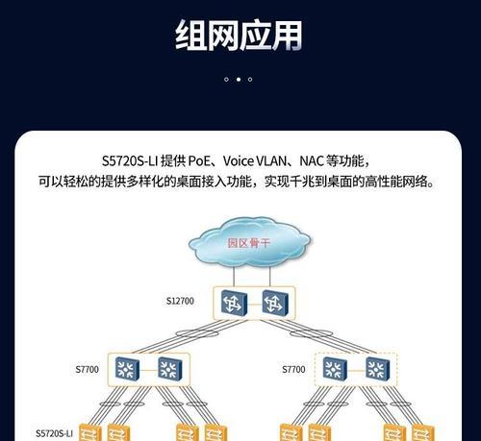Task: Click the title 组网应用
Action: pos(239,35)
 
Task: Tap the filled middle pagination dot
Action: pos(239,79)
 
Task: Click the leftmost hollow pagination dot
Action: pos(226,79)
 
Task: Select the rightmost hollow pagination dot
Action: pos(250,79)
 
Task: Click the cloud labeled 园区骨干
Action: pos(249,242)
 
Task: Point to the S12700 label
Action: pos(180,301)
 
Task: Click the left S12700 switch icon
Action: pos(234,303)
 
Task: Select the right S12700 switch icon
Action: pos(275,303)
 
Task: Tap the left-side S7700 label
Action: pos(87,369)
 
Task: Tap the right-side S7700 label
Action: pos(293,369)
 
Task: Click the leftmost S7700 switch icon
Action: pos(127,369)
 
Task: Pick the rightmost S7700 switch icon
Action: pos(378,369)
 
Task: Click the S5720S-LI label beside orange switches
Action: pos(54,433)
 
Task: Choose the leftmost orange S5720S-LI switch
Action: pos(90,432)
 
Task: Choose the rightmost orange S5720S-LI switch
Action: pos(423,432)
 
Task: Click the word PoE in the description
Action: pos(199,160)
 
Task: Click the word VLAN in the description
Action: pos(272,160)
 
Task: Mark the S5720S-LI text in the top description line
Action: pos(130,160)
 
